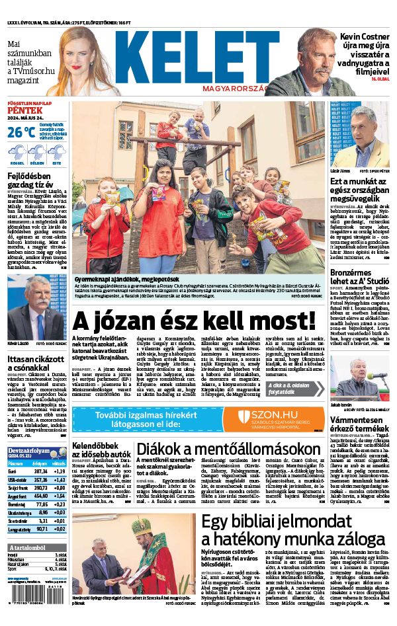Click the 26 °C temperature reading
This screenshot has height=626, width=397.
pos(21,132)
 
